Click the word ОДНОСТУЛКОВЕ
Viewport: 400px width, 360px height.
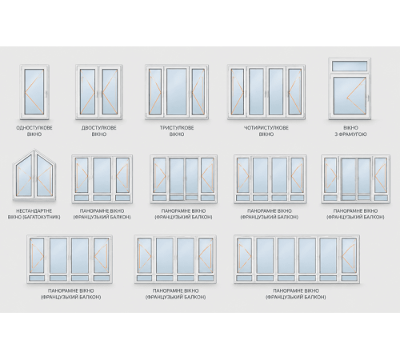click(34, 128)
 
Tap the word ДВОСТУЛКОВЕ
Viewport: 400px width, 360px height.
click(99, 128)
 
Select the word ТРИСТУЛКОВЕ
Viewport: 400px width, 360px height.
click(177, 128)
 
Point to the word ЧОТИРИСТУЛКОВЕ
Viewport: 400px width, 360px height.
click(266, 128)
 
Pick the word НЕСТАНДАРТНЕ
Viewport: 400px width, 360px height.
click(34, 210)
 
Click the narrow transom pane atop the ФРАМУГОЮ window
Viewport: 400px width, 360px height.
click(350, 66)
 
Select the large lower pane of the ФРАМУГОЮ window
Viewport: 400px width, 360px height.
click(350, 95)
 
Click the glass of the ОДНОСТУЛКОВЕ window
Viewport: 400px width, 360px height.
click(34, 91)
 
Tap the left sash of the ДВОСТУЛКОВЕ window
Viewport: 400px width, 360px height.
click(88, 92)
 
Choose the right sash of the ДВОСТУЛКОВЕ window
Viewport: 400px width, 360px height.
click(110, 92)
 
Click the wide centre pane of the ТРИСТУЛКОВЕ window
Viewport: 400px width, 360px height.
click(177, 91)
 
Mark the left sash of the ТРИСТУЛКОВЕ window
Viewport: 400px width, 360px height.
click(155, 92)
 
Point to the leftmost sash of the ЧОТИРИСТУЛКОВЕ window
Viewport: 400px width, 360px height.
click(238, 92)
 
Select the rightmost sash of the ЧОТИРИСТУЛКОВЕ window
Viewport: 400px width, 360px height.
click(294, 92)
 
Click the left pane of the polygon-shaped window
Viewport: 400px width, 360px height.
click(25, 175)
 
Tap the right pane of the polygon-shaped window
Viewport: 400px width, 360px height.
click(44, 175)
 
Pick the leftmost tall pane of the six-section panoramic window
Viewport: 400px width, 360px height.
click(244, 256)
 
